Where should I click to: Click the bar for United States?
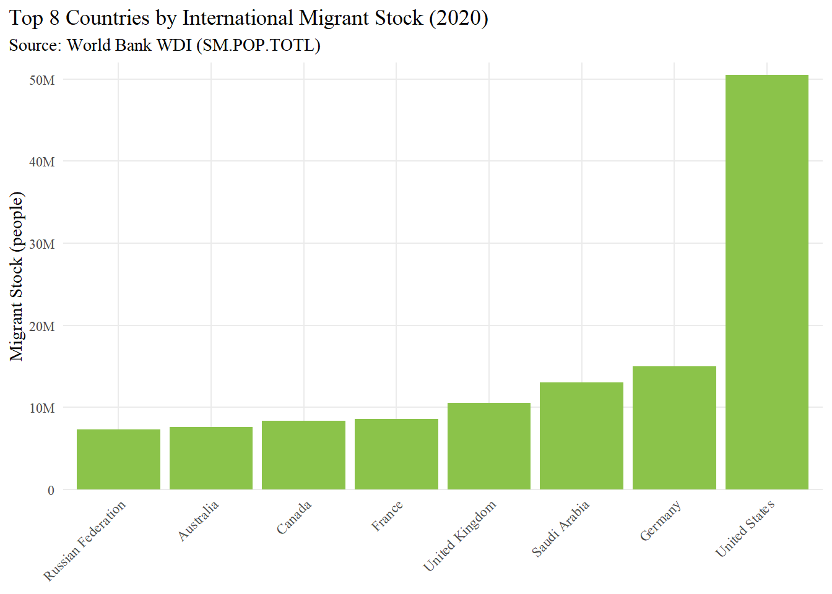[766, 282]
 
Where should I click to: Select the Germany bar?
[674, 428]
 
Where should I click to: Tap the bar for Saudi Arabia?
[582, 436]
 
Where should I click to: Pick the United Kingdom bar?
[489, 446]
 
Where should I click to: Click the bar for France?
[396, 454]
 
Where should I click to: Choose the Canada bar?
[303, 455]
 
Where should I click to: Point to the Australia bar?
[211, 458]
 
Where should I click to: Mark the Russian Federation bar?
[118, 460]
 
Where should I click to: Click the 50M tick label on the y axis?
[42, 80]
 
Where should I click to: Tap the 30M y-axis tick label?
[42, 244]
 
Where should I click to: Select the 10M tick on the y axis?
[42, 408]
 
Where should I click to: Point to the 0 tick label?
[51, 491]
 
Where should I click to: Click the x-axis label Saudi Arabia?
[560, 528]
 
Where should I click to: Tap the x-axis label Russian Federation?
[85, 541]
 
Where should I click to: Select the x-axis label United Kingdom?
[460, 536]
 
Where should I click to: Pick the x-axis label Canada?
[294, 517]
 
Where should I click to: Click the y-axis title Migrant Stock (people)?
[16, 276]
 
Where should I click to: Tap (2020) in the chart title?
[459, 18]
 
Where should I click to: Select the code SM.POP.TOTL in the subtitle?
[258, 45]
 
